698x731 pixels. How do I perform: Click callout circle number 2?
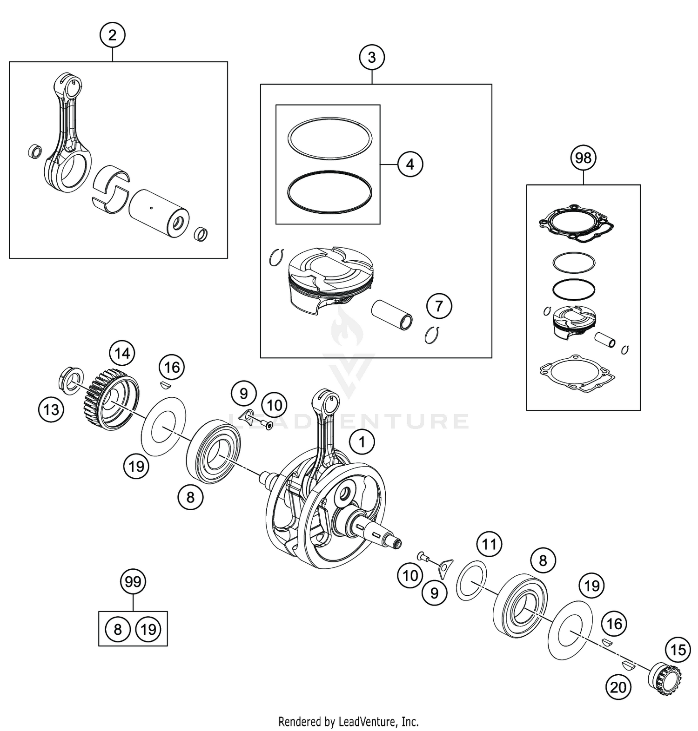112,35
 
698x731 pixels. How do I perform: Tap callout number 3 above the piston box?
371,58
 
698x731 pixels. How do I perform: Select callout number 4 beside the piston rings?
410,165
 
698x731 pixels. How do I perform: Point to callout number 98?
583,158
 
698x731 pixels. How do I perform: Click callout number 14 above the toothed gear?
122,354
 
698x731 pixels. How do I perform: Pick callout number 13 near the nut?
51,409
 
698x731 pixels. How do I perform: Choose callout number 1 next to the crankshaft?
362,442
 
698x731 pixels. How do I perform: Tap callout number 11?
489,544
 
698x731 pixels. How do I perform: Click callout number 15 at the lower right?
678,649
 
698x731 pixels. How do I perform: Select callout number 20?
618,687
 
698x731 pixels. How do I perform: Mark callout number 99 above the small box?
133,582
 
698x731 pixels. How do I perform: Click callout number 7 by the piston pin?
439,306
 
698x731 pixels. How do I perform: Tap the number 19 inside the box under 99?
148,630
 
